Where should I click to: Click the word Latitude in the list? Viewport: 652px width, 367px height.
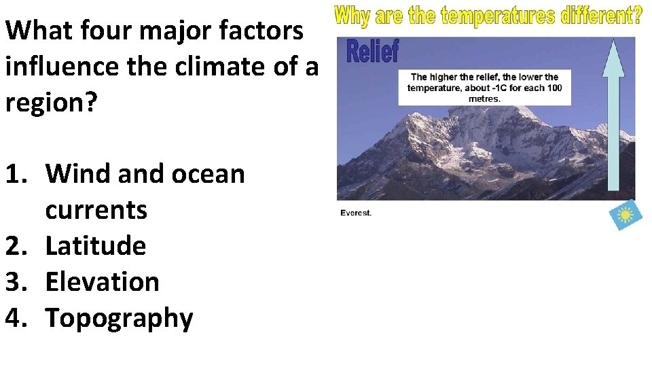pyautogui.click(x=95, y=245)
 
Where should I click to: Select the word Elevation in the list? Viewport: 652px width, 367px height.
pyautogui.click(x=102, y=281)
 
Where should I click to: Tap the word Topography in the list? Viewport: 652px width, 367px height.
pyautogui.click(x=119, y=318)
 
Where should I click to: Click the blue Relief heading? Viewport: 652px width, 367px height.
pyautogui.click(x=373, y=51)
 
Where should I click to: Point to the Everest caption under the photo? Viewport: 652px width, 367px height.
pyautogui.click(x=356, y=213)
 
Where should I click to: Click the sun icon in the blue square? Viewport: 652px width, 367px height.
pyautogui.click(x=626, y=215)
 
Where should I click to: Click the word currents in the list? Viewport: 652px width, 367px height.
pyautogui.click(x=96, y=209)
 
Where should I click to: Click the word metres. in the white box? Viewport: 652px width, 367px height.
pyautogui.click(x=484, y=99)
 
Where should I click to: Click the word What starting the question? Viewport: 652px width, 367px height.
pyautogui.click(x=40, y=30)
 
